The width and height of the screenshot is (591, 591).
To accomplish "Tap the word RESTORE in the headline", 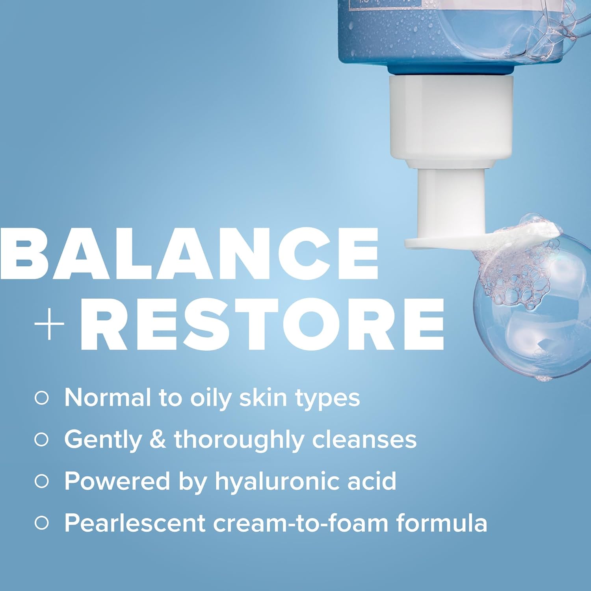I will tap(262, 324).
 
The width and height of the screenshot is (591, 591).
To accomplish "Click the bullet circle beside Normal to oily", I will tap(41, 398).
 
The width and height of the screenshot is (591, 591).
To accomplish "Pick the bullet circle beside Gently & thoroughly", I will tap(41, 440).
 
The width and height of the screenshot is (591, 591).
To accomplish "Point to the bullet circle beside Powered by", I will tap(41, 481).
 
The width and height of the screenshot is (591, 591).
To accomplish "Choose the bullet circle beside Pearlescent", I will tap(41, 523).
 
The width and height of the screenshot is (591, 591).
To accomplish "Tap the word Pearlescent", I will tap(134, 523).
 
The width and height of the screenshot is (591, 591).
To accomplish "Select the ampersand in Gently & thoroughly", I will tap(158, 440).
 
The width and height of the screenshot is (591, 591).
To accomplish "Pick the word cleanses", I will tap(364, 440).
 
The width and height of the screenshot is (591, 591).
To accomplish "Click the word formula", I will tap(441, 523).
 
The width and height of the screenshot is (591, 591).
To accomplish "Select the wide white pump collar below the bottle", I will tap(451, 118).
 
